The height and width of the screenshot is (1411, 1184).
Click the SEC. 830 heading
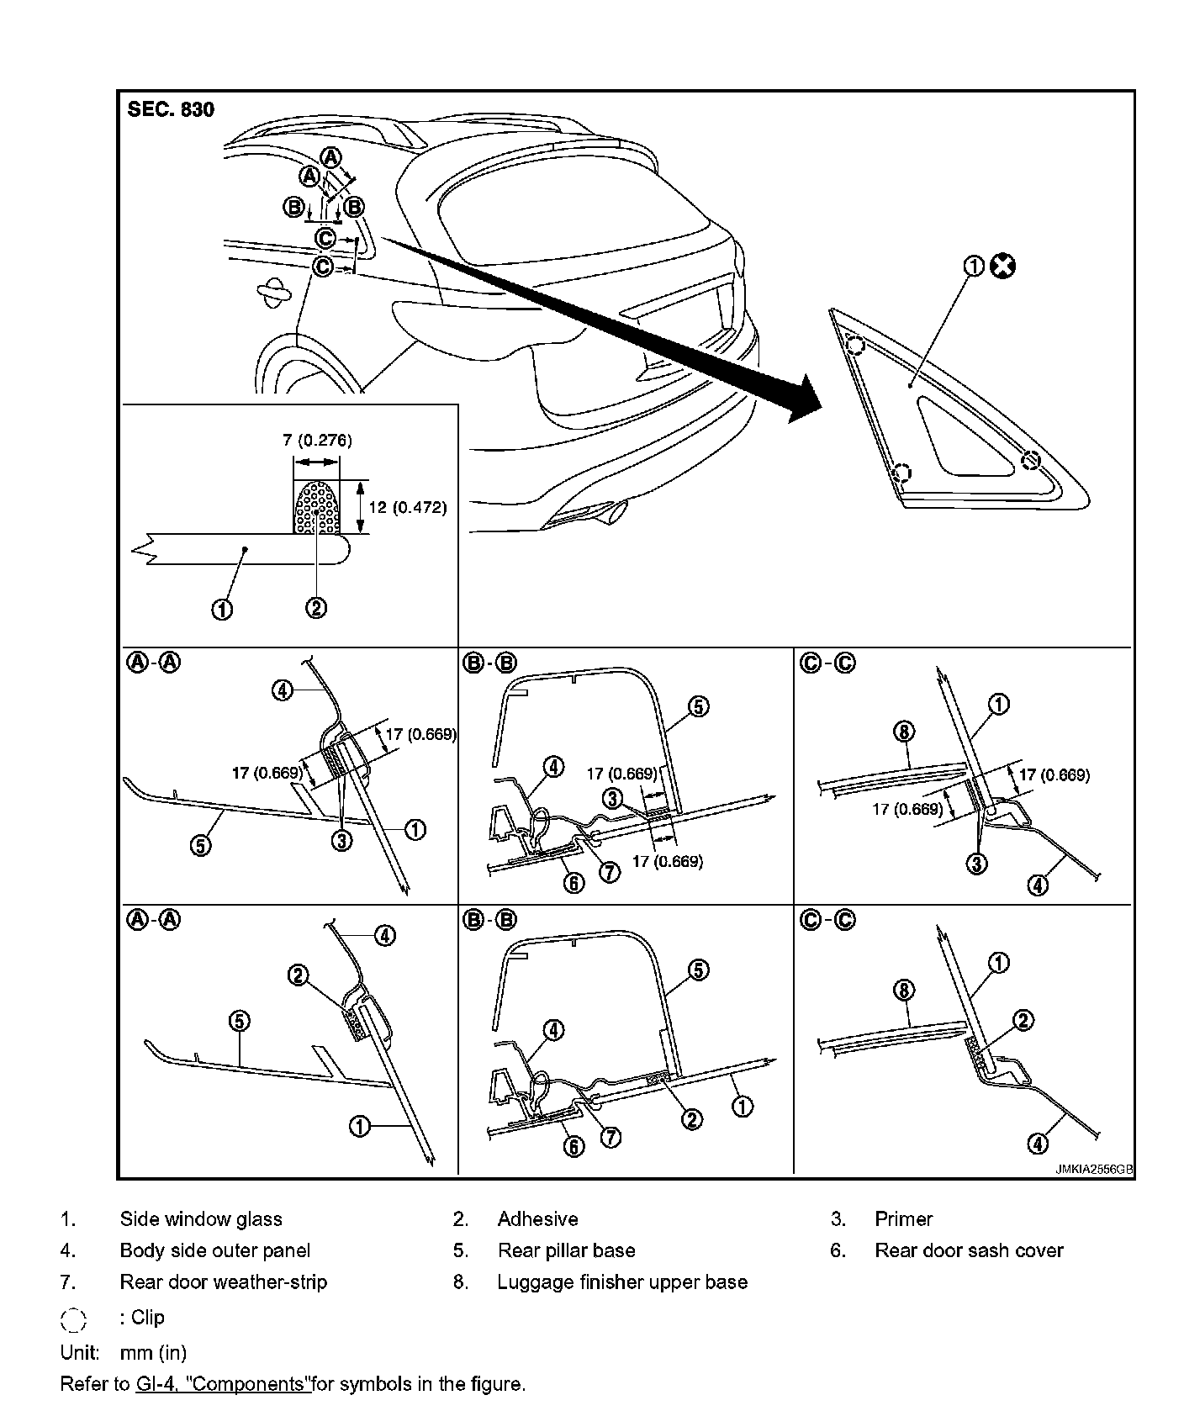171,109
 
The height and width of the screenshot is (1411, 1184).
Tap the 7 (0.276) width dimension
316,440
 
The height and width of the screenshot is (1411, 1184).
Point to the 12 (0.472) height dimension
408,507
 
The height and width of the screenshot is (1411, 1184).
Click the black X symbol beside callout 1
1002,267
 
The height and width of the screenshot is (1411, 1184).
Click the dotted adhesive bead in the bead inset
317,506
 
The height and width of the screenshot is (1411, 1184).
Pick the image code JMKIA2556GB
1094,1169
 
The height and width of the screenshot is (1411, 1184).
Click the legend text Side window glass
201,1219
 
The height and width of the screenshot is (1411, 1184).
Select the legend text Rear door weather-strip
223,1282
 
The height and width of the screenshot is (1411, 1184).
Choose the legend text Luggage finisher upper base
622,1282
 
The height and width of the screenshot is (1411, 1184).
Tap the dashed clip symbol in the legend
74,1319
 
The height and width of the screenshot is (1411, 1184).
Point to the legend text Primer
904,1219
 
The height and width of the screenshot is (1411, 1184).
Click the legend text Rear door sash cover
969,1250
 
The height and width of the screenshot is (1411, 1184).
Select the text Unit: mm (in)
124,1352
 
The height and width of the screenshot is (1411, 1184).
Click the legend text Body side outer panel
215,1250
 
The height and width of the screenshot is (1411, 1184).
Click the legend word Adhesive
537,1219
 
